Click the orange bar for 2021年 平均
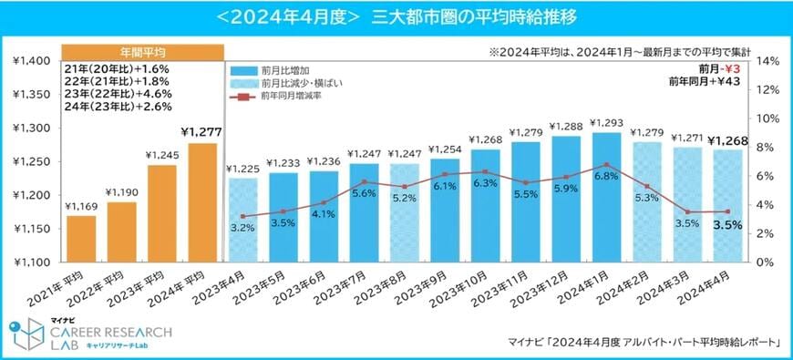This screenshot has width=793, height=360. point(80,239)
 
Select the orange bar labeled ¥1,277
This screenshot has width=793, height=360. point(203,202)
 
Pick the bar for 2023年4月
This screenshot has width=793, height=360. point(242,220)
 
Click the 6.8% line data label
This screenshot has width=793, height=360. point(605,176)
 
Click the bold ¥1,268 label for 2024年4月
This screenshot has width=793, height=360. point(726,140)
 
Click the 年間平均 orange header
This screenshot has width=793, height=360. point(142,51)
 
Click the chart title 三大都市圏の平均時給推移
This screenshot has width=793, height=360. point(473,17)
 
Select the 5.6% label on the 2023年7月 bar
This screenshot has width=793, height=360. point(364,193)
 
